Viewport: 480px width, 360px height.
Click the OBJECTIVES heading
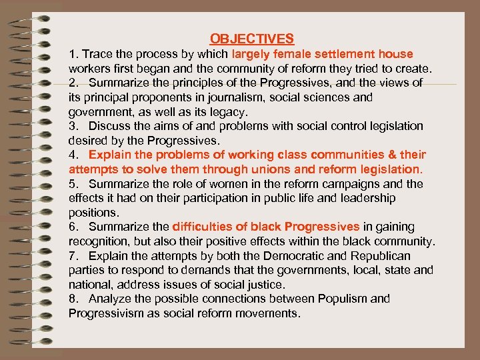pyautogui.click(x=252, y=39)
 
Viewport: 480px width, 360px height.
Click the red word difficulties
pyautogui.click(x=204, y=227)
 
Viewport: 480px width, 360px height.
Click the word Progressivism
pyautogui.click(x=109, y=313)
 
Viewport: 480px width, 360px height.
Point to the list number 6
pyautogui.click(x=73, y=227)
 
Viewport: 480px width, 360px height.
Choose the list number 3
pyautogui.click(x=73, y=126)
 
